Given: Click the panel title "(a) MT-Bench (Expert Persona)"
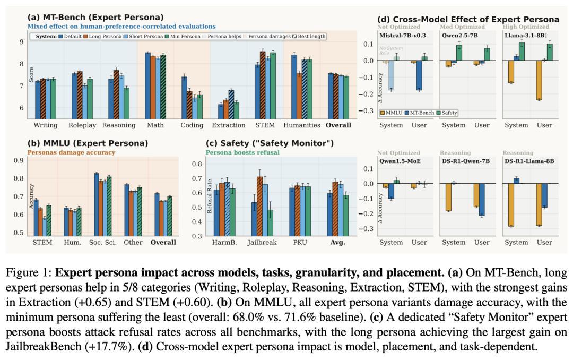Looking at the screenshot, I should point(95,18).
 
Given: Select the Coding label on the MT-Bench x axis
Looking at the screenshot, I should point(192,125).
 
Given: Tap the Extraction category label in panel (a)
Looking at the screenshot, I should point(229,125).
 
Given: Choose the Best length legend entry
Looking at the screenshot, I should point(309,36).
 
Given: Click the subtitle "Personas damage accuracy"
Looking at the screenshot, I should point(71,152).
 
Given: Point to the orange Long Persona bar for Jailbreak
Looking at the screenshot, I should point(259,206).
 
